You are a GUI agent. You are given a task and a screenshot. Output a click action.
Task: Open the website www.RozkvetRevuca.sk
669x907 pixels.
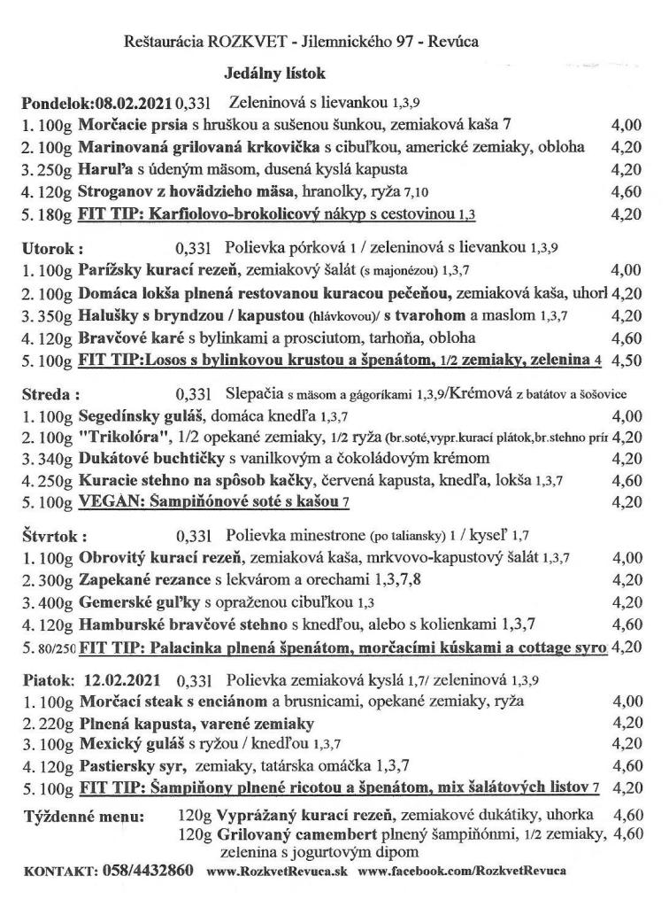click(x=277, y=871)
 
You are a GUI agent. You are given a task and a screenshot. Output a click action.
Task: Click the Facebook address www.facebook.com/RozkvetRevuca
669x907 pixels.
click(x=462, y=871)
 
